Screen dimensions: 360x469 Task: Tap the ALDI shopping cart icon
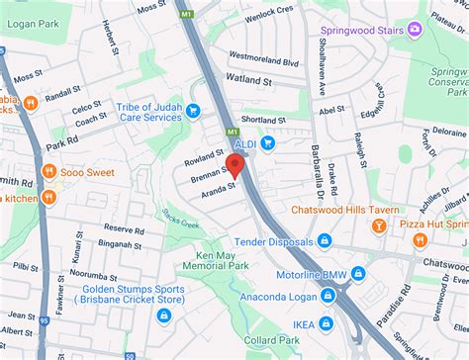[268, 142]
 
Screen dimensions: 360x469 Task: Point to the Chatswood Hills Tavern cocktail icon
[377, 226]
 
